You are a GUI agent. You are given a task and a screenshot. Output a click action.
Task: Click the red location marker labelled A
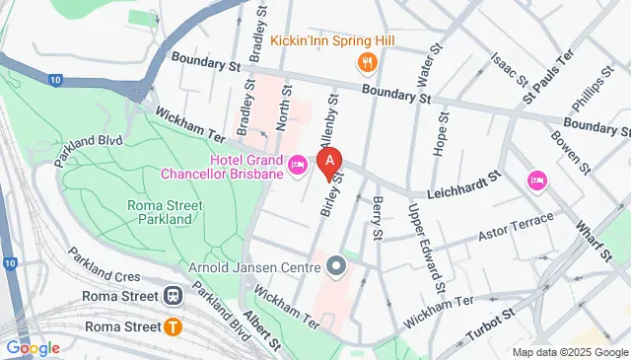coord(329,161)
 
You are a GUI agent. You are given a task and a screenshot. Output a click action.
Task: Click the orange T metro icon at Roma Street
coord(174,326)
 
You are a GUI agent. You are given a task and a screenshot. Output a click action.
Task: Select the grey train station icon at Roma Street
coord(174,294)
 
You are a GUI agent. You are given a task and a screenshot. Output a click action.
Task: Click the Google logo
coord(33,347)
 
